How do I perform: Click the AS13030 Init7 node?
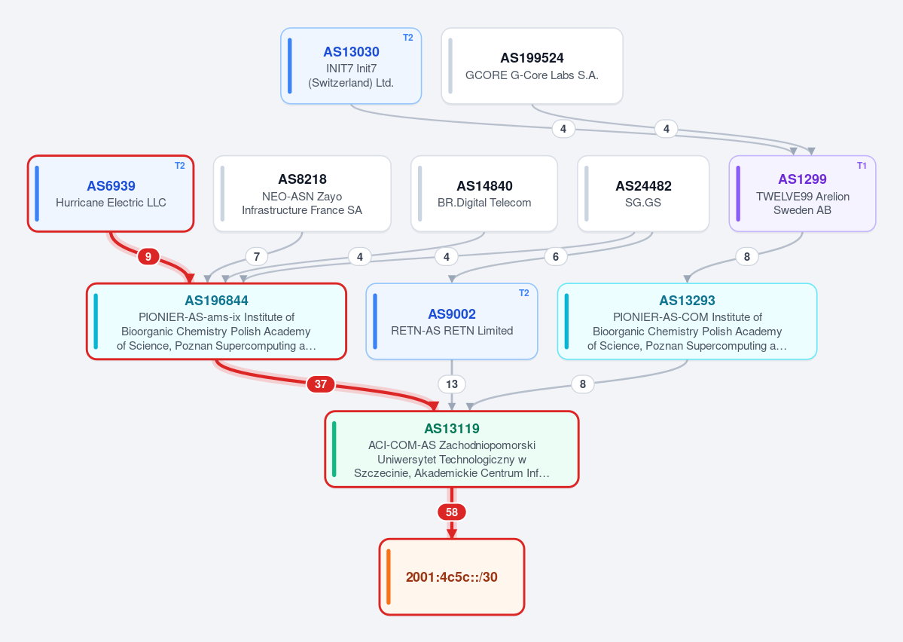point(351,66)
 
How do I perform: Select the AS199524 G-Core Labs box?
point(532,66)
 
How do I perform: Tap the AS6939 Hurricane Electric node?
point(111,194)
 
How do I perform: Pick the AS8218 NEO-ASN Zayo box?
point(302,194)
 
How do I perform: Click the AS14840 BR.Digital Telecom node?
point(484,194)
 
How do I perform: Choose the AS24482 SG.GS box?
point(643,194)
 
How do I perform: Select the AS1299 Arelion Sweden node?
point(802,194)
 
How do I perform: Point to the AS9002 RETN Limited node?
point(452,322)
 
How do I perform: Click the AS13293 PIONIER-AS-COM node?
point(687,322)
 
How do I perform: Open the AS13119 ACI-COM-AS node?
point(452,450)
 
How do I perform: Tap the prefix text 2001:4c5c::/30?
point(452,577)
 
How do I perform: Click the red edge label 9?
point(148,256)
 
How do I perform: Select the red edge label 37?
point(321,384)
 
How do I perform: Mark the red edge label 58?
point(452,512)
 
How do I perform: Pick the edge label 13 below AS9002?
point(452,384)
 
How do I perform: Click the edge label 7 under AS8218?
point(257,256)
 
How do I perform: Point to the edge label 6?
point(556,256)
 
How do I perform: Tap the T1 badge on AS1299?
point(862,166)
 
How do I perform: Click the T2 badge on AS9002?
point(524,293)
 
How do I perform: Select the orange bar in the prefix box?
point(389,577)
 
